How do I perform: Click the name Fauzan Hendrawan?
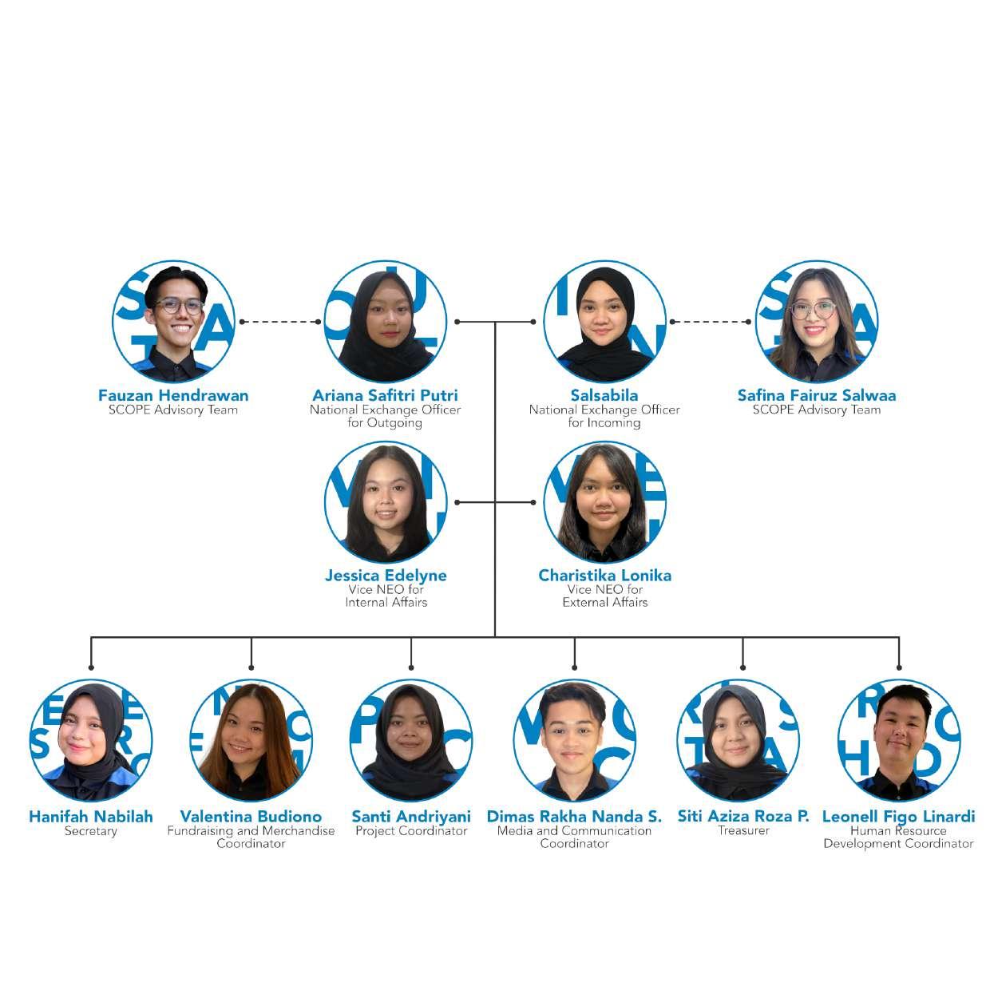tap(173, 395)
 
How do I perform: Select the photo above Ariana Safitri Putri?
tap(386, 321)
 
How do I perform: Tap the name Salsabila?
tap(604, 395)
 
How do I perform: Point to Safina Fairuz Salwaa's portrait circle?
tap(817, 321)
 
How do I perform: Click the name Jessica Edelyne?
tap(386, 576)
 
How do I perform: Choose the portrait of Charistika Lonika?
tap(604, 502)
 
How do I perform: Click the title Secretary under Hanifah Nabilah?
tap(91, 831)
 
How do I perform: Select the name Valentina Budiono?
tap(251, 817)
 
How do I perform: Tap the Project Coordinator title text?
tap(411, 831)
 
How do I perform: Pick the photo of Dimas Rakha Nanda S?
tap(574, 741)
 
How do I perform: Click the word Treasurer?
tap(743, 830)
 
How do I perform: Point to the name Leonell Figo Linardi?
tap(898, 817)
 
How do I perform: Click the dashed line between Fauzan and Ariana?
tap(279, 322)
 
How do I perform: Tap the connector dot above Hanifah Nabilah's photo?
tap(91, 667)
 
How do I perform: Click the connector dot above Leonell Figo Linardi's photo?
tap(899, 667)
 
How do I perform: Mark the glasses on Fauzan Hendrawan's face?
tap(179, 307)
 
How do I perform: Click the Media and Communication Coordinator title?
tap(574, 837)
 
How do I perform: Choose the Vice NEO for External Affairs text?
tap(604, 596)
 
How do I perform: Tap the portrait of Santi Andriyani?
tap(411, 741)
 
